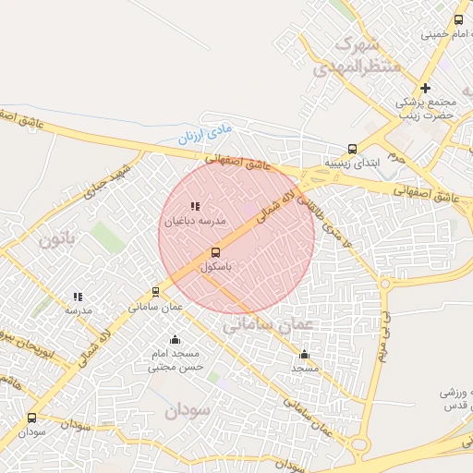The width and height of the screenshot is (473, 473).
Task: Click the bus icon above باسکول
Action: [215, 252]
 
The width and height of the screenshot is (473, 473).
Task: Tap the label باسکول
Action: [215, 266]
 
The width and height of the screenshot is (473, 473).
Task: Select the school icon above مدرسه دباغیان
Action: [194, 207]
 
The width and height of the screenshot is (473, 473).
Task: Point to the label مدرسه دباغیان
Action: [195, 222]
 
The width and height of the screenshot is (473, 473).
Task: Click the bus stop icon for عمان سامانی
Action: [155, 292]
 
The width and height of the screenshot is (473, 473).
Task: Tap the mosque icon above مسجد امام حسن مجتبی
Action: [175, 340]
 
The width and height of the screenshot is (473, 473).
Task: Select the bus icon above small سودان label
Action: [32, 418]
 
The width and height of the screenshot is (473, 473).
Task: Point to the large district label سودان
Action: [188, 410]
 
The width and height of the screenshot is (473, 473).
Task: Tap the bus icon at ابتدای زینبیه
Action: [352, 149]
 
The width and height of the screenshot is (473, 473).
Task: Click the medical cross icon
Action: [425, 89]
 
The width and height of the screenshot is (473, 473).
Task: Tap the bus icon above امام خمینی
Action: [459, 19]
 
